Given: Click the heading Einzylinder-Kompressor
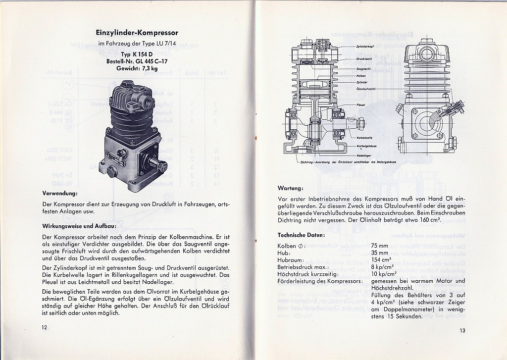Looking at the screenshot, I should coord(137,33).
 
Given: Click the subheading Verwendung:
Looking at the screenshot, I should coord(60,193).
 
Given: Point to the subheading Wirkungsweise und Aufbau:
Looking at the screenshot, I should coord(79,226).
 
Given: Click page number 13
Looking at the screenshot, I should coord(462,331).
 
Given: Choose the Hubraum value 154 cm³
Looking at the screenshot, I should coord(381,259).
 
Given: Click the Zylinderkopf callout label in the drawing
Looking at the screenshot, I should coord(365,46).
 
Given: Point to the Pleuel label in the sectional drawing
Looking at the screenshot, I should coord(361,105).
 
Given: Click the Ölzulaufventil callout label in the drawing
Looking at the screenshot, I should coord(366,88).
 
